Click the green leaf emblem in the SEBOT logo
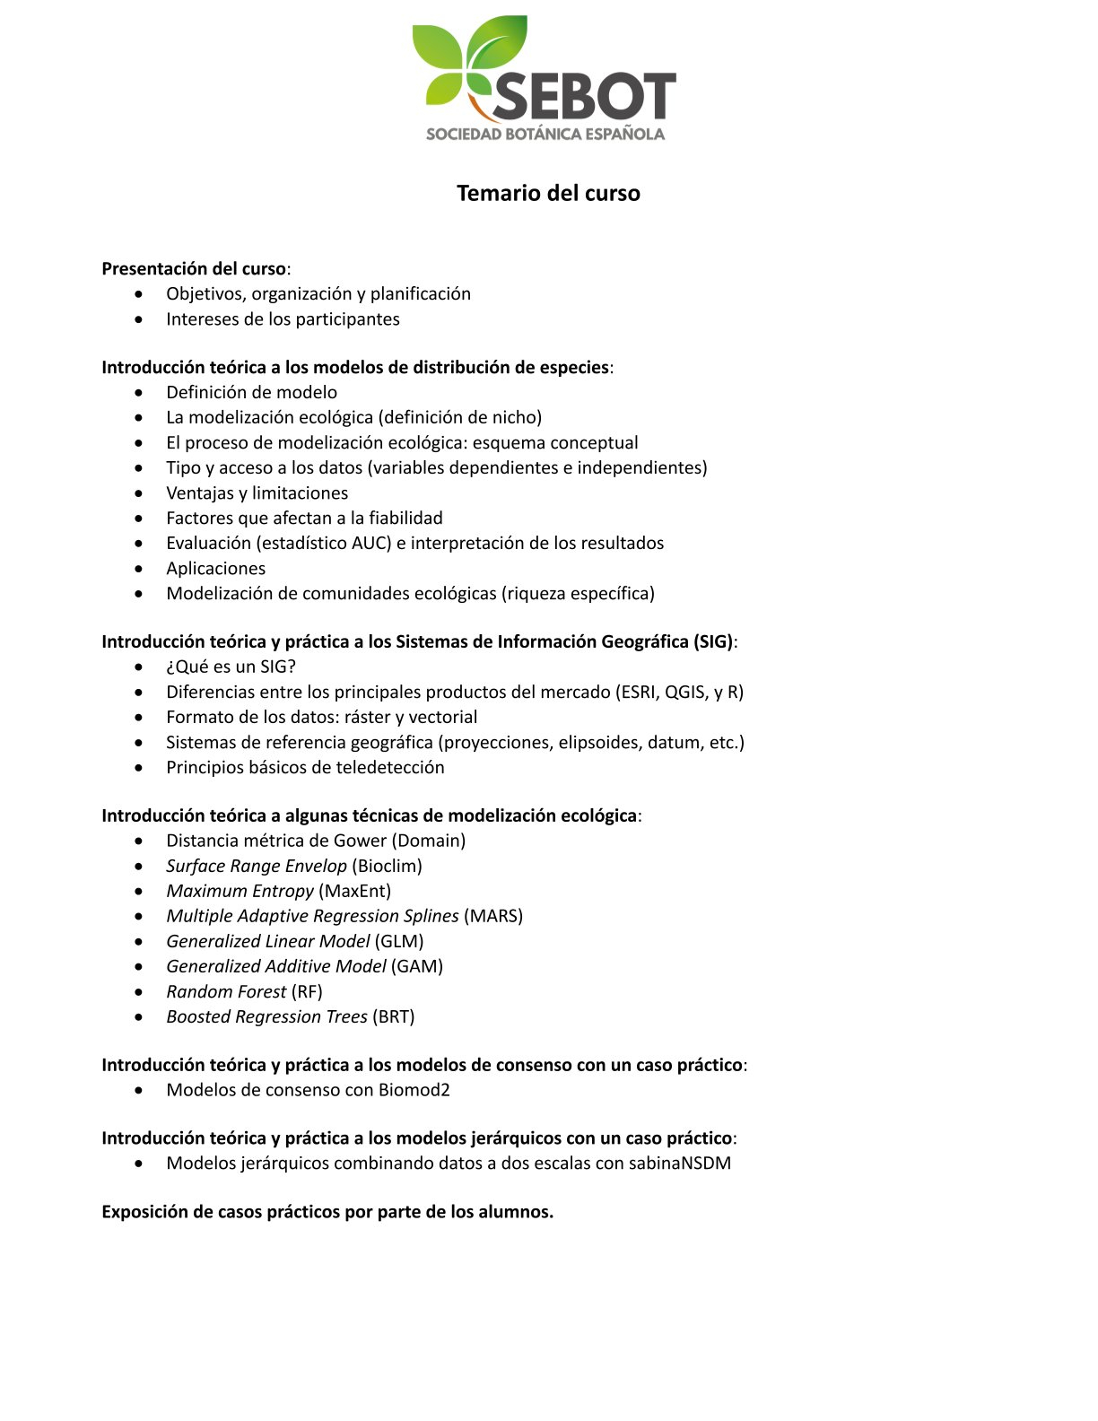(x=468, y=61)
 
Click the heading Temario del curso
(x=548, y=193)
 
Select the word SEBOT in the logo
(x=583, y=97)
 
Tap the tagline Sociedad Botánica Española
(x=545, y=135)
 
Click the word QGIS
(x=685, y=692)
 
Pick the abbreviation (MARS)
(x=493, y=916)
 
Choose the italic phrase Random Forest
(x=226, y=991)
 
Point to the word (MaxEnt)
(x=355, y=891)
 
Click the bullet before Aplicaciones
(x=138, y=569)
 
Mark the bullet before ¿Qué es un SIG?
(x=138, y=667)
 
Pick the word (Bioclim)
(x=387, y=866)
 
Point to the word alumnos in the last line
(x=514, y=1212)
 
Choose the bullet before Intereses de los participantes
(x=138, y=319)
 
